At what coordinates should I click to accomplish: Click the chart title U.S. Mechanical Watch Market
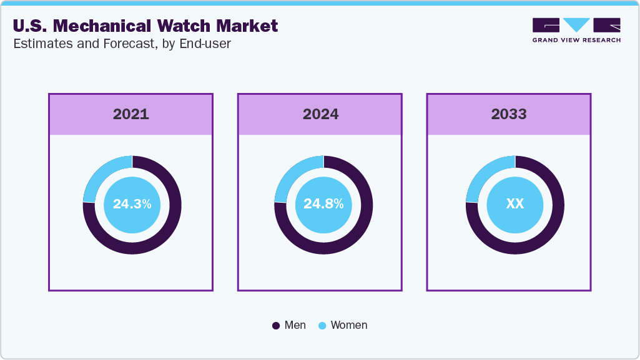coord(145,26)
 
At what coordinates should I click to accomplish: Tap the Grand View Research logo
coord(576,25)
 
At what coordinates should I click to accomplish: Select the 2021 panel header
coord(131,114)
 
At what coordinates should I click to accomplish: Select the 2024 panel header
coord(320,114)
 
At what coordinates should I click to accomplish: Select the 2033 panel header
coord(509,114)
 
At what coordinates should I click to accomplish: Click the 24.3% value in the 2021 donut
coord(132,204)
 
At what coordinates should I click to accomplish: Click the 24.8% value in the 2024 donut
coord(323,204)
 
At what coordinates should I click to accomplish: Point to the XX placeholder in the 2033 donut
coord(514,204)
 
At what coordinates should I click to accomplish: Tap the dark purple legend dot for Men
coord(276,326)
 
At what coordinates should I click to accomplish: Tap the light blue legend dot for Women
coord(322,326)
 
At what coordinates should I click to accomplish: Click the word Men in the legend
coord(295,325)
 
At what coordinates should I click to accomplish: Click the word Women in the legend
coord(349,325)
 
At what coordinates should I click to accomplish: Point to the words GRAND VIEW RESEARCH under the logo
coord(576,40)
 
